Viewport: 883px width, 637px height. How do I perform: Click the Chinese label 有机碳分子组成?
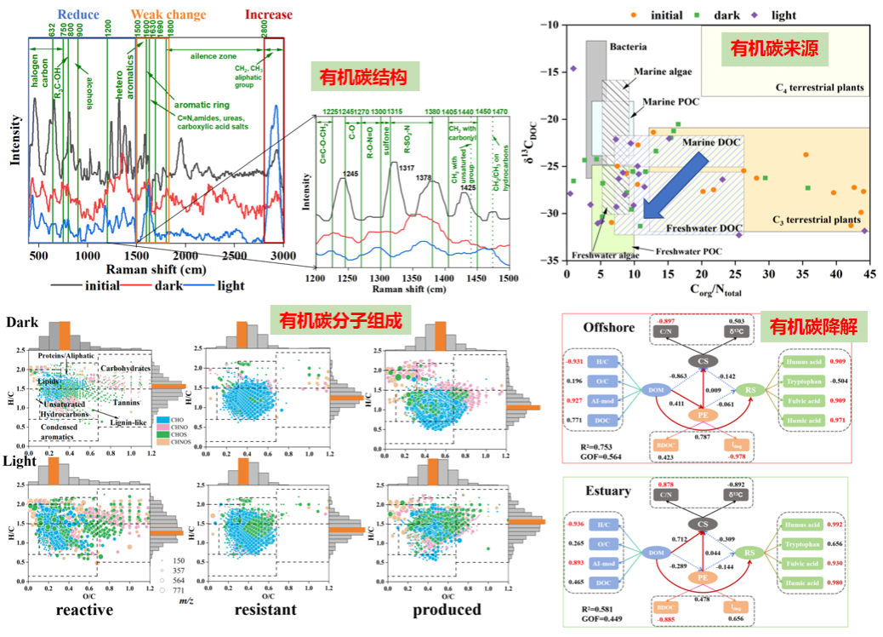tap(340, 321)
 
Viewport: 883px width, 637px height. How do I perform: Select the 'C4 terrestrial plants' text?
tap(819, 88)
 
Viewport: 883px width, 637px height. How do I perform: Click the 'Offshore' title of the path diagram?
tap(607, 326)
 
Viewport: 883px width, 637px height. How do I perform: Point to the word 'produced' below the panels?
tap(447, 610)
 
